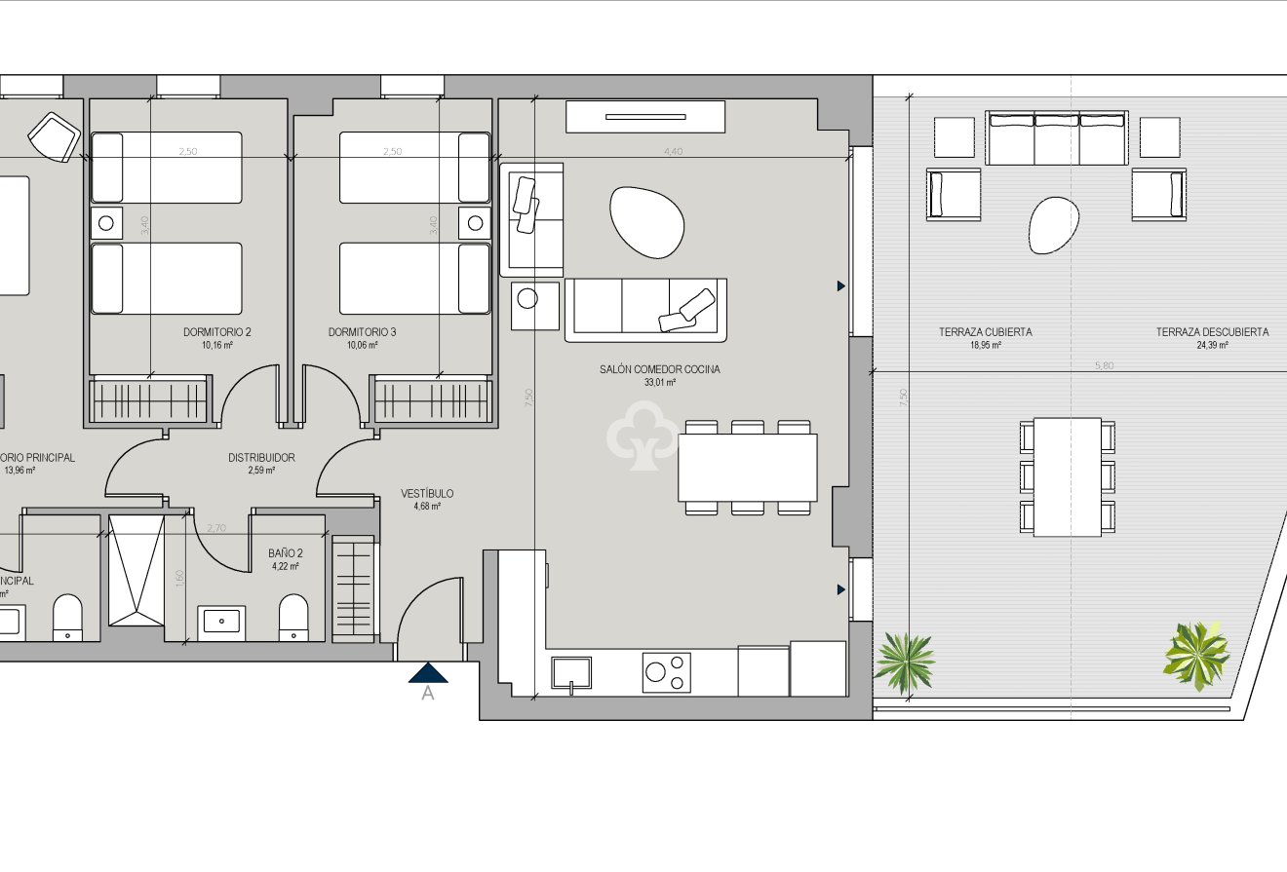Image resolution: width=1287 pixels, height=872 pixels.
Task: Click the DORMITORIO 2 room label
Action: (x=216, y=332)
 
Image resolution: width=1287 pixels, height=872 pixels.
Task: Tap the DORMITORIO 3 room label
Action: (x=362, y=332)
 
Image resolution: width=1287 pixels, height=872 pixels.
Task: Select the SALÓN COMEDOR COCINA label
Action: (x=660, y=370)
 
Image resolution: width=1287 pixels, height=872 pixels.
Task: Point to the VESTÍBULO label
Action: (x=427, y=494)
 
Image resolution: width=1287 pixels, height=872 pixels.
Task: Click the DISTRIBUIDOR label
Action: (x=261, y=458)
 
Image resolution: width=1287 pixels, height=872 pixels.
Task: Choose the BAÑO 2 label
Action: (x=285, y=553)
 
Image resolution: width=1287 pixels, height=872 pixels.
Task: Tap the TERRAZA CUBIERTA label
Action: (x=985, y=332)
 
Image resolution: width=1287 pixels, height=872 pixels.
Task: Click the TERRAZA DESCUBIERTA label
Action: (x=1212, y=332)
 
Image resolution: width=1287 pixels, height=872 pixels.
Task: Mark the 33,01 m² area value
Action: (x=660, y=384)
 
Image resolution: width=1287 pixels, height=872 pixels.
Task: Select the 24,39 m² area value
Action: (x=1212, y=345)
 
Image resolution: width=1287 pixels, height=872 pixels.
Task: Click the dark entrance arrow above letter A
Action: (x=428, y=672)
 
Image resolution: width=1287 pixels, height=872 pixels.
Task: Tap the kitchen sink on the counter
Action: (x=571, y=672)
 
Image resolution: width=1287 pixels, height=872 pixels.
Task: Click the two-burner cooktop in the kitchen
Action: (x=666, y=672)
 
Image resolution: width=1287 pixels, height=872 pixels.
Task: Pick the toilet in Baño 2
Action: (x=293, y=618)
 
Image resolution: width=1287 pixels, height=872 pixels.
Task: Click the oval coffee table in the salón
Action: (x=645, y=221)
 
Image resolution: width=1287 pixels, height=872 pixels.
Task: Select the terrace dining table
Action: (x=1068, y=476)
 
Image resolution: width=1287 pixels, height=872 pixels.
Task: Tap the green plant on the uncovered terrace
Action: (x=1196, y=655)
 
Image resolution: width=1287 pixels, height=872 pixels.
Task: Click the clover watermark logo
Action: (x=643, y=439)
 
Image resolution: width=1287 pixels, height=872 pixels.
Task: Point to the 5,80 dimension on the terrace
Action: (x=1104, y=365)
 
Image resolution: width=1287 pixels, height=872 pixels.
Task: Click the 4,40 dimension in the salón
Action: (x=673, y=151)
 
